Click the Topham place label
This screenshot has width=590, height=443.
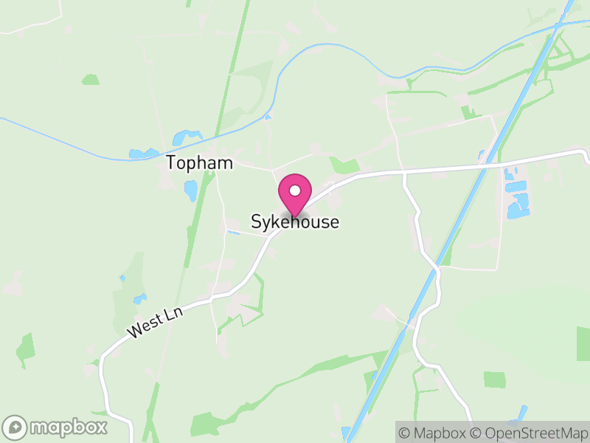click(x=199, y=162)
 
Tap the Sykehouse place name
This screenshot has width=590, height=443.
click(x=295, y=221)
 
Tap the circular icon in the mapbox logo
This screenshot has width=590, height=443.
click(x=15, y=427)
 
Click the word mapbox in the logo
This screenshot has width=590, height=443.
click(x=68, y=427)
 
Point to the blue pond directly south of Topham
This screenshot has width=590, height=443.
click(x=191, y=191)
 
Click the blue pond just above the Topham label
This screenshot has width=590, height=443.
click(x=186, y=137)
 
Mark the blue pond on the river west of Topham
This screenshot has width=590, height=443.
click(x=138, y=154)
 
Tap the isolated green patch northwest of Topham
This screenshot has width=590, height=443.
click(x=91, y=79)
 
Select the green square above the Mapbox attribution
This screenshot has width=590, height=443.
click(x=495, y=379)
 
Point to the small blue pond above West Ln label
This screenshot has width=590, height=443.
click(x=139, y=299)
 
